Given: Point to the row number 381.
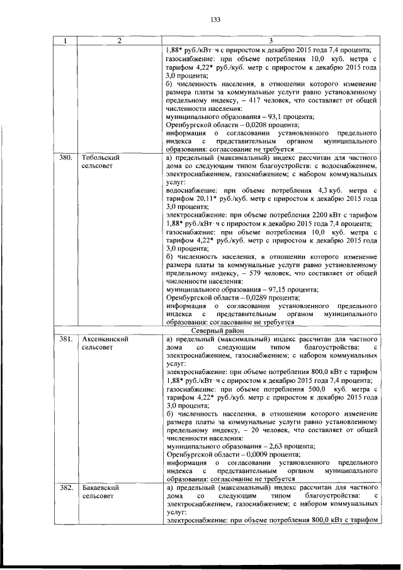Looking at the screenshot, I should pyautogui.click(x=64, y=338).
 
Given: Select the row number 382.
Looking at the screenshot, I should pyautogui.click(x=64, y=487).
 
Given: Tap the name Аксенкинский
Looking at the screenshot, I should pyautogui.click(x=105, y=338).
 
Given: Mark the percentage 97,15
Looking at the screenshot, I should pyautogui.click(x=267, y=290).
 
